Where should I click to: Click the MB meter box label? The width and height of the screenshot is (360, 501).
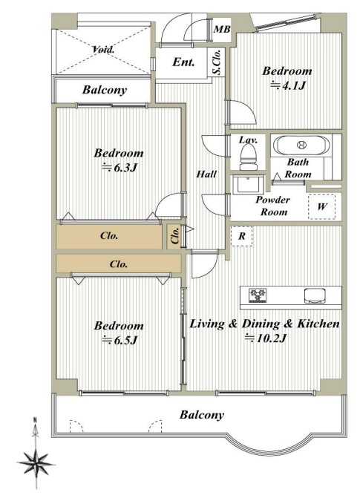(x=222, y=30)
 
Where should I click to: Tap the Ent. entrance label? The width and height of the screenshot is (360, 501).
(x=183, y=62)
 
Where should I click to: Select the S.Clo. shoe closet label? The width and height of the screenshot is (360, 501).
(x=217, y=62)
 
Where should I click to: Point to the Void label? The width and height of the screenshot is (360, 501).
(x=103, y=50)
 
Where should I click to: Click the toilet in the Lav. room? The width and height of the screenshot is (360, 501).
(x=248, y=157)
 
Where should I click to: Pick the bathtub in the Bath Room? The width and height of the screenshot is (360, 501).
(x=301, y=145)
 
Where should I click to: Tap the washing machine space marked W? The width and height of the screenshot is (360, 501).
(x=321, y=206)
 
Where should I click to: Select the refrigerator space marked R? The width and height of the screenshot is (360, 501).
(x=242, y=236)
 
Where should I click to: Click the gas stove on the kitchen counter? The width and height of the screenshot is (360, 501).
(x=258, y=295)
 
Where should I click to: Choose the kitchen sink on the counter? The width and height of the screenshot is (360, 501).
(x=315, y=296)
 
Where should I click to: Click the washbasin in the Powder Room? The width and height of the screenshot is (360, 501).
(x=249, y=184)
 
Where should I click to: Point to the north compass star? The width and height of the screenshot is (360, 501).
(x=36, y=462)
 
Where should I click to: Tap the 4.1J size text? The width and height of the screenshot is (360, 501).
(x=288, y=85)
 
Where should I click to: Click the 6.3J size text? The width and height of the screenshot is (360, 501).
(x=120, y=168)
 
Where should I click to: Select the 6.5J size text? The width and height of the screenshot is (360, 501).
(x=120, y=341)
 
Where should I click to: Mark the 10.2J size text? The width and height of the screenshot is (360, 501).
(x=265, y=338)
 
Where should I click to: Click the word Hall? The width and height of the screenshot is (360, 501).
(x=206, y=174)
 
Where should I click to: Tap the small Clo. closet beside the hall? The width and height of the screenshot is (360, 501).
(x=175, y=236)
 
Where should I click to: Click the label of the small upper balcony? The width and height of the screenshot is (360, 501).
(x=105, y=90)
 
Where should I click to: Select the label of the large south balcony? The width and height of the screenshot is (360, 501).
(x=202, y=415)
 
